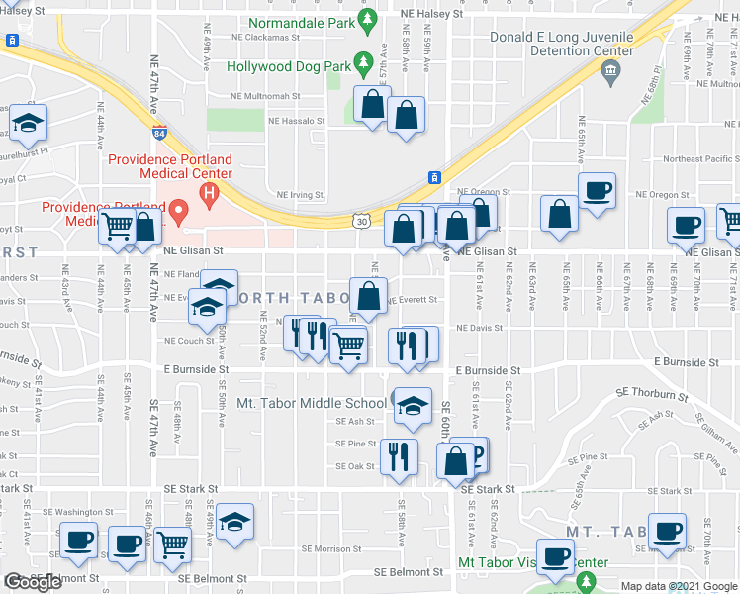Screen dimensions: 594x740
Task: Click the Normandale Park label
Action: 302,22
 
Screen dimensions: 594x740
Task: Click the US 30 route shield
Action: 363,222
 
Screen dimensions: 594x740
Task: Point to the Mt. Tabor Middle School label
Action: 312,404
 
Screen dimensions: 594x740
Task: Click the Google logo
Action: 33,582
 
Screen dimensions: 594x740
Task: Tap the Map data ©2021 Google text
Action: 679,586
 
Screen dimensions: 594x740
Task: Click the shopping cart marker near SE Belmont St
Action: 172,543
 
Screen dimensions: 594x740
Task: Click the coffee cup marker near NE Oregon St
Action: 596,190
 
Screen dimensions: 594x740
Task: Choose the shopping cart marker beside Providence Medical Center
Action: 117,227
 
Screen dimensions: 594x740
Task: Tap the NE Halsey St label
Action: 429,14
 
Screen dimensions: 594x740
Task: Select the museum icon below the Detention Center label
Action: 609,69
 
